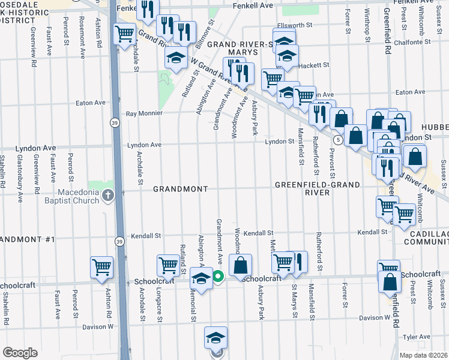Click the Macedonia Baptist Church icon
107,195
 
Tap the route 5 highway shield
339,140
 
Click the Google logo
20,352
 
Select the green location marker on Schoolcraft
218,277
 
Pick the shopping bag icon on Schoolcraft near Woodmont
240,265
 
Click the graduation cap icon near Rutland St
175,58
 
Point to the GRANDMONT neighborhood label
180,189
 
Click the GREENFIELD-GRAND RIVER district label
303,189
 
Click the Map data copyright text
423,355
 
